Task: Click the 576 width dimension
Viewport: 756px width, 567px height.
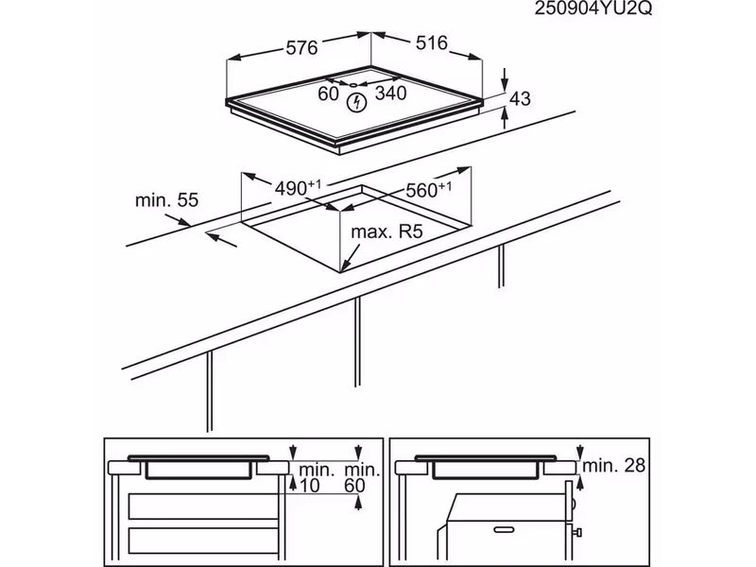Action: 301,45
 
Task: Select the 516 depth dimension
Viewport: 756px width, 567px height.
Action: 429,44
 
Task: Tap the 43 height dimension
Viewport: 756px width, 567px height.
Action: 520,98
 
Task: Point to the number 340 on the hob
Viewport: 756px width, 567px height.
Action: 389,94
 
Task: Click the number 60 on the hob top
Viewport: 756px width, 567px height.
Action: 329,94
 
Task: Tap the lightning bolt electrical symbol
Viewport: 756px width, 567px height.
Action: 357,102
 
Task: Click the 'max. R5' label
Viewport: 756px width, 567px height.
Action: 387,232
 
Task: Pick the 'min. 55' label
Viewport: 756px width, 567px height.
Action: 167,199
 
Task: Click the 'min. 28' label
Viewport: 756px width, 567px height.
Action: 615,465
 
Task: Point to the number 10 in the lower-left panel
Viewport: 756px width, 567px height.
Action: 309,485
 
